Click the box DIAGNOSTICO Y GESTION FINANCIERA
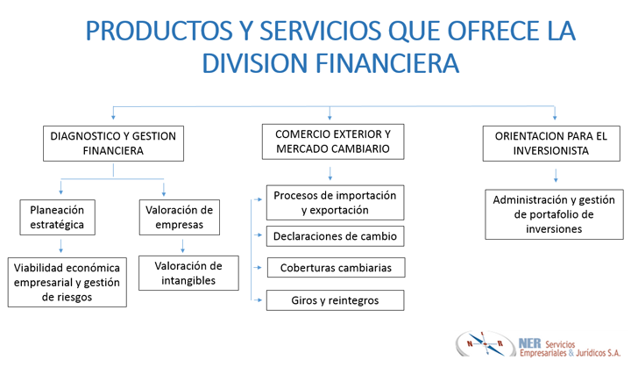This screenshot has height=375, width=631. point(113,143)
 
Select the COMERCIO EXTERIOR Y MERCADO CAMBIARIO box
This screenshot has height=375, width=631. point(332,142)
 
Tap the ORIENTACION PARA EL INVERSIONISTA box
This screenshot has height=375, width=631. point(550,143)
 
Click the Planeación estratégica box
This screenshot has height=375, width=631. point(57,218)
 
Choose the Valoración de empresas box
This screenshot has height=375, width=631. point(179,217)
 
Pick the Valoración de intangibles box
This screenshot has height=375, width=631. point(188,273)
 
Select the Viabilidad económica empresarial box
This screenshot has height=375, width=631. point(67,282)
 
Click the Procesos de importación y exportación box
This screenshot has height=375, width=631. point(334,203)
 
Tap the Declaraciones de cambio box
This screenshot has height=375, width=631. point(334,236)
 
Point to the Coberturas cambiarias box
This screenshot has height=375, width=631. point(334,267)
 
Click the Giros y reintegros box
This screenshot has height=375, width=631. point(334,300)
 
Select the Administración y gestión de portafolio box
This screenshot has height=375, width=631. point(554,214)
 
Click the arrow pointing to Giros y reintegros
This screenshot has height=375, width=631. point(258,300)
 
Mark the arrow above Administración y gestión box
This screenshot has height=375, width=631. point(555,177)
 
